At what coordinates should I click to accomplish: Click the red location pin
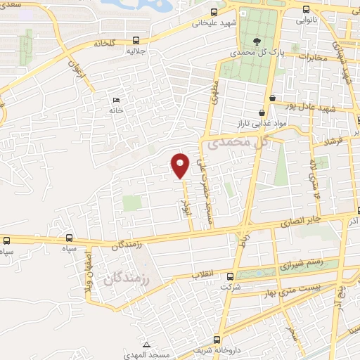coord(181,165)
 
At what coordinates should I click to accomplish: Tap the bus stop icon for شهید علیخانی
coord(214,11)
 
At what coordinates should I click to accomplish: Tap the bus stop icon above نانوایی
coord(306,9)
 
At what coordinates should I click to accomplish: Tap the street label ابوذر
coord(188,202)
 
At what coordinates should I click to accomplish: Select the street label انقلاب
coord(203,275)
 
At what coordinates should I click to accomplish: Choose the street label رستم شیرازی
coord(302,264)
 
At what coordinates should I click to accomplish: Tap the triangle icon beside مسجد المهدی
coord(146,345)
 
